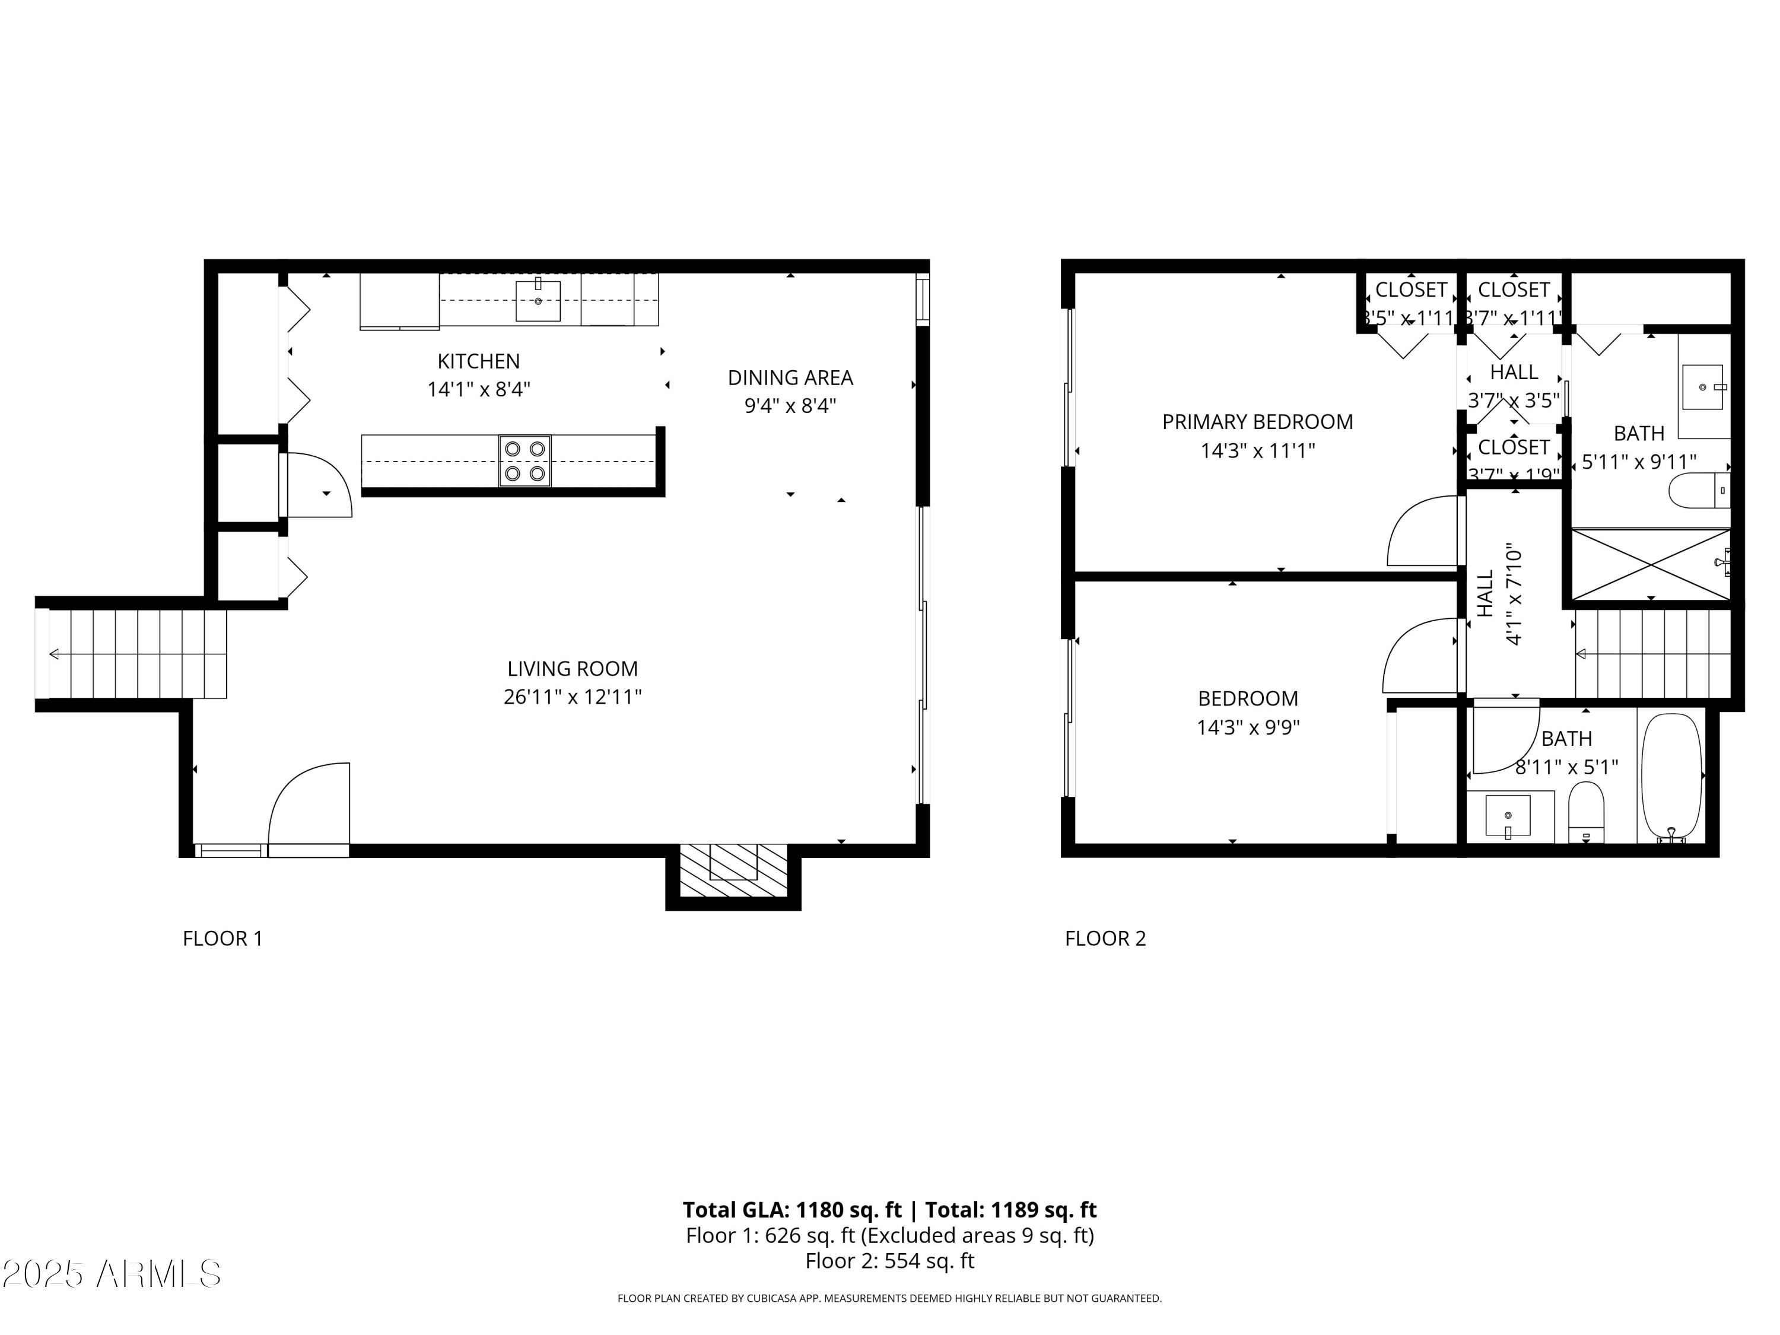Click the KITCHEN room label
pos(478,361)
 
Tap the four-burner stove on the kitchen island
pos(525,461)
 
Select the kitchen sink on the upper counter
pos(538,300)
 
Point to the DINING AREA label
pos(790,377)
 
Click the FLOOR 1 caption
pos(223,938)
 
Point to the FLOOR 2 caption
pos(1105,938)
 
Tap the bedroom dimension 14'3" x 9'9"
pos(1248,727)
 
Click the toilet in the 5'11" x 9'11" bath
pos(1698,490)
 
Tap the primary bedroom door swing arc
pos(1420,531)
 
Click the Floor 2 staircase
pos(1651,653)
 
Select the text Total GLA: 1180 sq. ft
pos(792,1209)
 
